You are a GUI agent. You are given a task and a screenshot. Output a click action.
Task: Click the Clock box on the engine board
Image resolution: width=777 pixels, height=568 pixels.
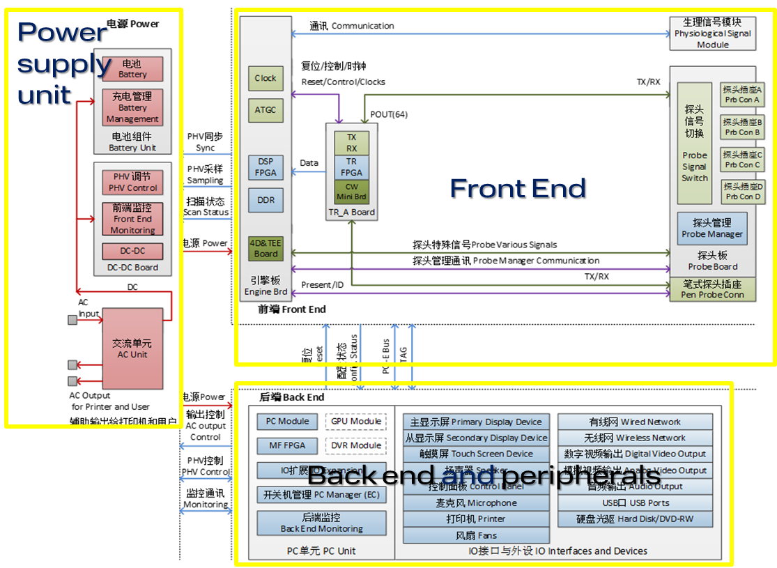pyautogui.click(x=265, y=78)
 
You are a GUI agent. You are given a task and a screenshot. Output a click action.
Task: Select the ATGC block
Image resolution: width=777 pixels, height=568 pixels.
pyautogui.click(x=265, y=109)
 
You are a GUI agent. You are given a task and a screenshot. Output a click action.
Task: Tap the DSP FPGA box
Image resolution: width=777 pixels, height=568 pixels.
pyautogui.click(x=266, y=167)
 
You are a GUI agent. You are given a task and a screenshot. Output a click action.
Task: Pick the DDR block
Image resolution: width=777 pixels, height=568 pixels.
pyautogui.click(x=266, y=200)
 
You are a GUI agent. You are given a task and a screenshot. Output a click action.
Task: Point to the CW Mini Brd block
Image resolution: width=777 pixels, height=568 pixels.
pyautogui.click(x=352, y=191)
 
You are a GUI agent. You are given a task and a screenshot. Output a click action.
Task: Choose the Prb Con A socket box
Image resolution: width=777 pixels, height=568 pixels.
pyautogui.click(x=742, y=95)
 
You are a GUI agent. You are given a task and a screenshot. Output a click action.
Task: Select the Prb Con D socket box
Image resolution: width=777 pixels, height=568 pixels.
pyautogui.click(x=742, y=192)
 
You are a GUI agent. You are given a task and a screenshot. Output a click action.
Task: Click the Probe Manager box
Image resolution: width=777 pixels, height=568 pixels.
pyautogui.click(x=712, y=229)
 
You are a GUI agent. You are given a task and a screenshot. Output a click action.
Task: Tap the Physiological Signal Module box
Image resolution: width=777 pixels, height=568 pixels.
pyautogui.click(x=713, y=33)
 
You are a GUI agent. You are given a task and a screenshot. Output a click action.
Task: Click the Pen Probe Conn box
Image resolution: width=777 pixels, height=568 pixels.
pyautogui.click(x=712, y=289)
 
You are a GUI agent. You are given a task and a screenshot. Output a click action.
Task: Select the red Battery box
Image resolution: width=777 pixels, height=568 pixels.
pyautogui.click(x=132, y=69)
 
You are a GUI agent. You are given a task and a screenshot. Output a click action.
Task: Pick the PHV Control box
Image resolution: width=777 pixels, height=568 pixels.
pyautogui.click(x=132, y=182)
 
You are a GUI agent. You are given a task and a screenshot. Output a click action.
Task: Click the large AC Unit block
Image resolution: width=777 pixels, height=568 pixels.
pyautogui.click(x=132, y=348)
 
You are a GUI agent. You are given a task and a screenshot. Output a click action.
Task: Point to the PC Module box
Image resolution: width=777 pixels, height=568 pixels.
pyautogui.click(x=287, y=422)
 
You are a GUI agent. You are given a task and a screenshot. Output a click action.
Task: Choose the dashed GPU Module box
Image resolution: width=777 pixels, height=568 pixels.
pyautogui.click(x=356, y=422)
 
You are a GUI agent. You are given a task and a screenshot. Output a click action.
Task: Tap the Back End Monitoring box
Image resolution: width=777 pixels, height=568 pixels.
pyautogui.click(x=321, y=523)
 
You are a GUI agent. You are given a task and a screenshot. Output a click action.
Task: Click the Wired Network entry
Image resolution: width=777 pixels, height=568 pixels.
pyautogui.click(x=635, y=422)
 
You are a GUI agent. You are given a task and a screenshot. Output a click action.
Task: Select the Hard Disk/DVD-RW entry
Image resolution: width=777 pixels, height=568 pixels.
pyautogui.click(x=635, y=519)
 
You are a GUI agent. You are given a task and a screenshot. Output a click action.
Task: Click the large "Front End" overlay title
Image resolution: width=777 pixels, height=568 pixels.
pyautogui.click(x=518, y=188)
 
